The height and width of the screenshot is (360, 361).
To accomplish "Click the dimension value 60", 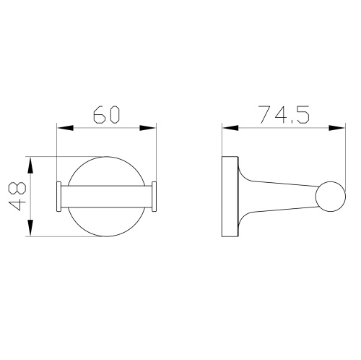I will (107, 114).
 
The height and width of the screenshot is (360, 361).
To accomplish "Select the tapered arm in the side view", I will (278, 197).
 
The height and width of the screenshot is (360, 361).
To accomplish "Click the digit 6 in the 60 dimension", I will (97, 114).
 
